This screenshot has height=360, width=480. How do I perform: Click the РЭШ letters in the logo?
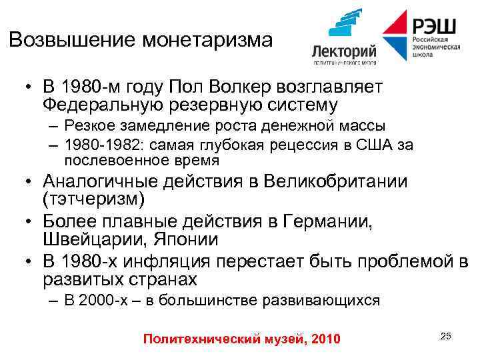pos(434,26)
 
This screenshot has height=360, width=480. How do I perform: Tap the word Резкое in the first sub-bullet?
pos(89,126)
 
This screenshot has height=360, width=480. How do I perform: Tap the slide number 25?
pos(446,335)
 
